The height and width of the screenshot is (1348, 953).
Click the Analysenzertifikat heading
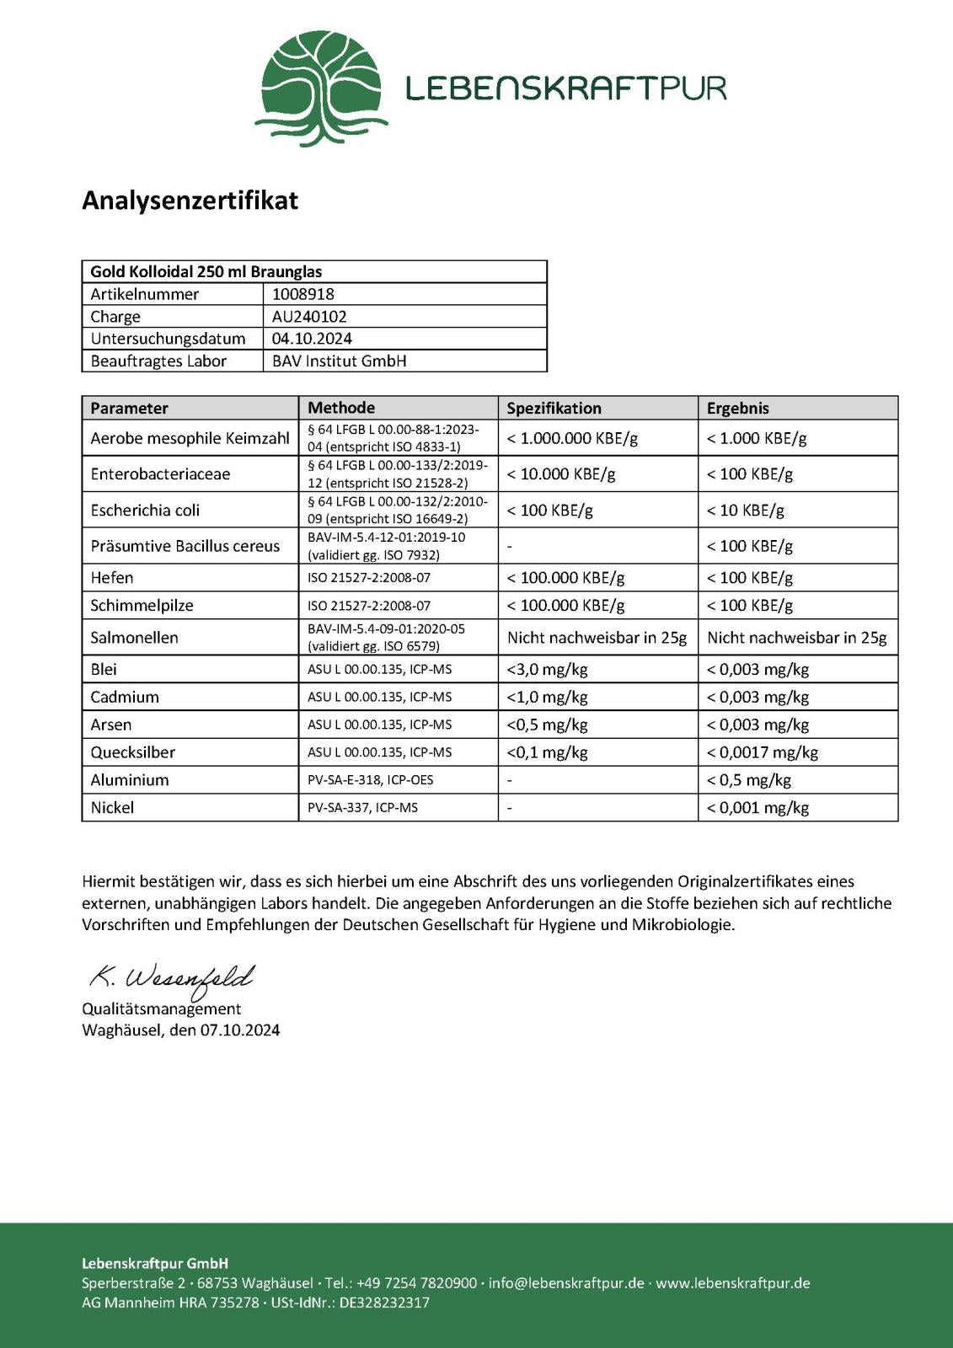(190, 201)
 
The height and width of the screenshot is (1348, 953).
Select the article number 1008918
(303, 294)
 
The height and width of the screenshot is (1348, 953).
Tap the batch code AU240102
(309, 317)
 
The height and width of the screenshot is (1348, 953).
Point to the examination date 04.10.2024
(312, 339)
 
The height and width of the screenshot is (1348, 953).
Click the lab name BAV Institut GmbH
(339, 361)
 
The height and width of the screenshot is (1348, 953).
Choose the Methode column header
(341, 408)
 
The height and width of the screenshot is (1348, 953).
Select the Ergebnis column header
(738, 408)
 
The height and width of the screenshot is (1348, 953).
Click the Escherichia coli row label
(145, 510)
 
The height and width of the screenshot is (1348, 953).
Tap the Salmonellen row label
(134, 638)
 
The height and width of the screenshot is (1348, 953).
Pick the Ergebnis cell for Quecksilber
(763, 752)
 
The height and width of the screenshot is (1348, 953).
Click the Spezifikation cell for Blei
(547, 670)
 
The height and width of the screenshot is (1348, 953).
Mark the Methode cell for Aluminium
(370, 780)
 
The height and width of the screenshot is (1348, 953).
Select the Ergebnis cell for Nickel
(758, 808)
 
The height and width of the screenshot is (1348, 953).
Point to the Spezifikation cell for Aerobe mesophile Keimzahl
(572, 438)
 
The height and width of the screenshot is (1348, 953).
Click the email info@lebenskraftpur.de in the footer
(566, 1283)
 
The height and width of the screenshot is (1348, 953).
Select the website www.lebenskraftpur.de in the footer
(733, 1283)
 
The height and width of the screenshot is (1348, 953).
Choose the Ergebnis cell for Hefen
(750, 578)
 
